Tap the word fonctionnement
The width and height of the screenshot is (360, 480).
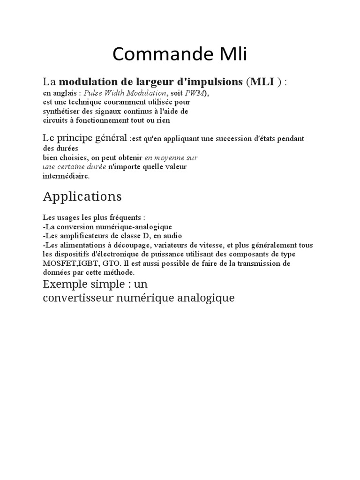coord(98,120)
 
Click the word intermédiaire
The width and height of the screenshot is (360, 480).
coord(66,176)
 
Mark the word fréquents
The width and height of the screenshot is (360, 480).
coord(125,218)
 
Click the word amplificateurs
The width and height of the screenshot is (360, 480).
coord(80,236)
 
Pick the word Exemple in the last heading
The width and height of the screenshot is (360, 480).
coord(62,285)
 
